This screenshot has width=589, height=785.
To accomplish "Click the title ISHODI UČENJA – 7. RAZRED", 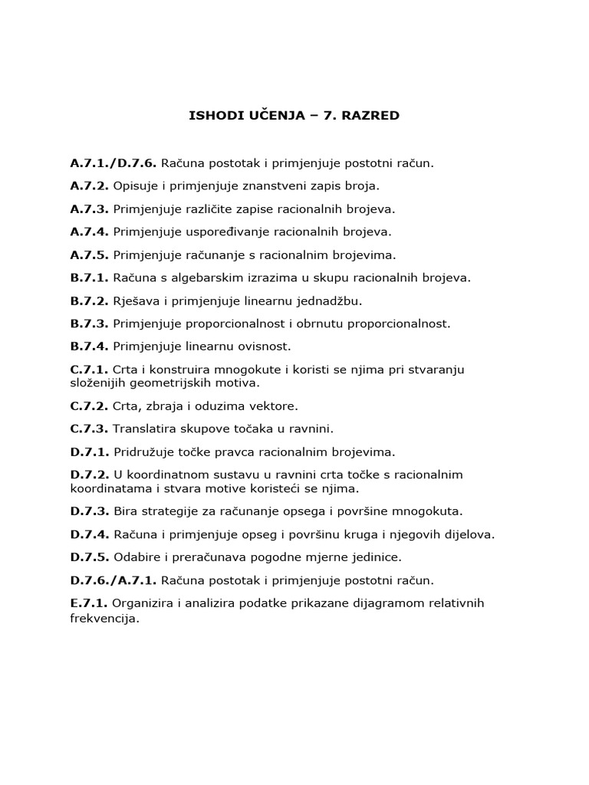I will coord(294,116).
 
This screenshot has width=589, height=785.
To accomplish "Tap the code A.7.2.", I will coord(90,186).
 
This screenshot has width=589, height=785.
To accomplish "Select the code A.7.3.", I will coord(90,209).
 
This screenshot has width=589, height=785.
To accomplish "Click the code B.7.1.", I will coord(90,278).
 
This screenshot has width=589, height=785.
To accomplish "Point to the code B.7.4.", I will coord(90,347).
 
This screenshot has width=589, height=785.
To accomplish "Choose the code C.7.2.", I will coord(90,406).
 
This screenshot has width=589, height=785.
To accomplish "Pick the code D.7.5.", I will coord(90,557).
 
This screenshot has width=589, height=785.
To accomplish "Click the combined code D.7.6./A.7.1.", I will coord(113,580).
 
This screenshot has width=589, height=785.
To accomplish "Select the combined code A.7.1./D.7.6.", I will coord(113,163).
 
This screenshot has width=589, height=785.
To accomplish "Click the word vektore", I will coord(275,406).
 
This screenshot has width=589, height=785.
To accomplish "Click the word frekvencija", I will coord(104,618).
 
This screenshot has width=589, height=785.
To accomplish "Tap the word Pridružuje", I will coord(143,452).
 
